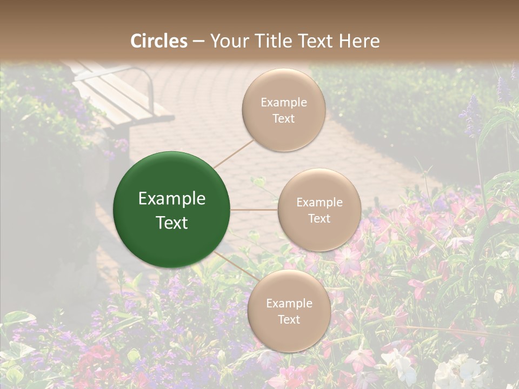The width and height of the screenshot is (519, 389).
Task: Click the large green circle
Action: pos(172,210)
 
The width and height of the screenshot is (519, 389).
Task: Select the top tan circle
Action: pos(283,110)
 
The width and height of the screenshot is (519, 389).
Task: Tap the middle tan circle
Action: pos(319,210)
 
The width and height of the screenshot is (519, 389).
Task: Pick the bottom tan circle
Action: pos(289,311)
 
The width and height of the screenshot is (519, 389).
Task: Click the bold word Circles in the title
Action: pos(159,41)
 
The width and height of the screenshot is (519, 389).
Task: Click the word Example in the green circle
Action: pos(172,199)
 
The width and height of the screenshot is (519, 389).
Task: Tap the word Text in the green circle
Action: pos(172,223)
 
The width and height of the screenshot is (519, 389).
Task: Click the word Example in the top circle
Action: pos(283,102)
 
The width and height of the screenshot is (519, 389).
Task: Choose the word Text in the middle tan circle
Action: pos(319,218)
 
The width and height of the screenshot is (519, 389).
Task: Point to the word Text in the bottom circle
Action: pos(289,319)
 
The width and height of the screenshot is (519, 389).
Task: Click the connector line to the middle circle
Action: pos(254,210)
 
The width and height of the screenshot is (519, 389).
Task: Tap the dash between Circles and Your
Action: pos(198,42)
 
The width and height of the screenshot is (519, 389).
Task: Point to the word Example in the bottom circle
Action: pos(289,303)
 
